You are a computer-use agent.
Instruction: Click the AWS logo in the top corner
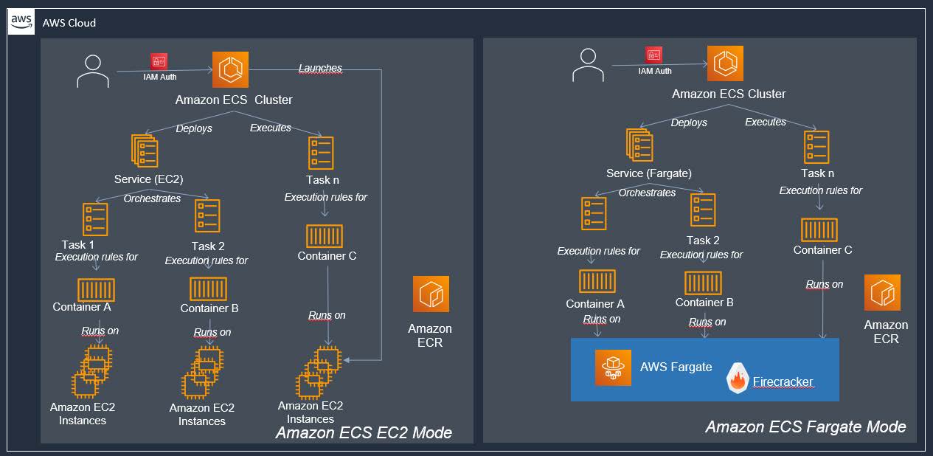(21, 21)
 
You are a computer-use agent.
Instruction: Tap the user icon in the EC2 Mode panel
(92, 72)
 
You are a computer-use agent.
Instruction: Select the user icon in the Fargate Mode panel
(587, 65)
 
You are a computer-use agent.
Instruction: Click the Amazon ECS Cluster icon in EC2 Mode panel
(231, 70)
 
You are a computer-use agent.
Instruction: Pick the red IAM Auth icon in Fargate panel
(653, 55)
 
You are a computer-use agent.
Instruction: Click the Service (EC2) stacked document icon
(145, 151)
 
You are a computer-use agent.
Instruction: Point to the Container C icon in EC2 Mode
(325, 236)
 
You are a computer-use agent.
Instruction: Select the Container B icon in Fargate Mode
(703, 283)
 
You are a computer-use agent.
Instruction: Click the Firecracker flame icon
(738, 379)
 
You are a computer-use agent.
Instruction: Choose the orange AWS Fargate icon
(614, 367)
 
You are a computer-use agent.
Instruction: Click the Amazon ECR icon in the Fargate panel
(883, 293)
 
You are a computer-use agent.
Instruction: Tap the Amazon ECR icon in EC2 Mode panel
(431, 294)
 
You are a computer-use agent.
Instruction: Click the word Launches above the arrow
(320, 68)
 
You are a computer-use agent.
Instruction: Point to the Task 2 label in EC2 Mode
(208, 246)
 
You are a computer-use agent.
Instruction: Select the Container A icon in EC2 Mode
(96, 289)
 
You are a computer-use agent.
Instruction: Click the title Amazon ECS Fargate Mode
(805, 426)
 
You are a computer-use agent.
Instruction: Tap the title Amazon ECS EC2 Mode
(364, 432)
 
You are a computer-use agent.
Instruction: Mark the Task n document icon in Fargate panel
(816, 147)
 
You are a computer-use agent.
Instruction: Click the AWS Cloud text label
(69, 23)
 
